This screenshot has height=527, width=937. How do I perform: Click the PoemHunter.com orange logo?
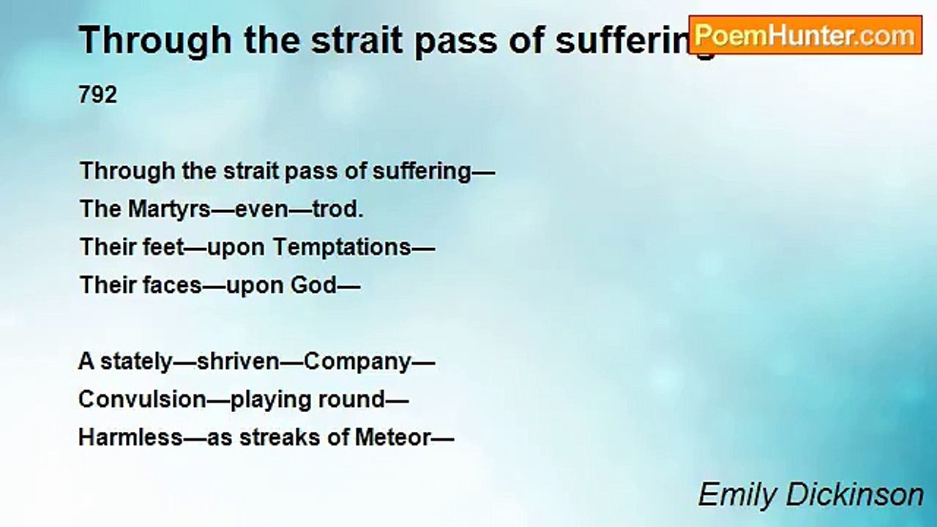click(x=805, y=35)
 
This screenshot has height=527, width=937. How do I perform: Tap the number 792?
click(x=98, y=95)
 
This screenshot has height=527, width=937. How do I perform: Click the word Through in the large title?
click(x=154, y=41)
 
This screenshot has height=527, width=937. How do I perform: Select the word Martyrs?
click(x=169, y=210)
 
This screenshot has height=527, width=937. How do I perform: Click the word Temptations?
click(x=342, y=247)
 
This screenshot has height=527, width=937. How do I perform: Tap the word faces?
click(x=172, y=285)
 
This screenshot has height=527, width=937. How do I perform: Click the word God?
click(x=313, y=285)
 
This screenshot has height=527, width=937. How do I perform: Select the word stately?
click(x=136, y=362)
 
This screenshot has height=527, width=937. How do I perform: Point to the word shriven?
click(x=238, y=362)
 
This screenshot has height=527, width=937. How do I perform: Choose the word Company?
click(x=357, y=362)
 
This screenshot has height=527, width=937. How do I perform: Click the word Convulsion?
click(x=142, y=400)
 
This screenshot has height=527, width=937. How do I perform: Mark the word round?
click(x=351, y=400)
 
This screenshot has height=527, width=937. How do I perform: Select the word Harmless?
click(x=130, y=438)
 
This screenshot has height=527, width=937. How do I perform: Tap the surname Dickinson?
click(x=854, y=496)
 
